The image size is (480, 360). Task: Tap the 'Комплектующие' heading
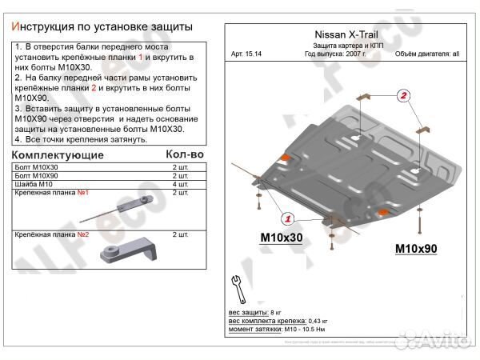point(58,154)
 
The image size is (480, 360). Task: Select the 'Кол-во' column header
point(184,154)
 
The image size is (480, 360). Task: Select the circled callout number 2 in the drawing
point(405,98)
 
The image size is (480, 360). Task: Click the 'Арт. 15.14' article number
point(246,54)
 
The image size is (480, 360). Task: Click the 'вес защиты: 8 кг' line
point(255,310)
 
